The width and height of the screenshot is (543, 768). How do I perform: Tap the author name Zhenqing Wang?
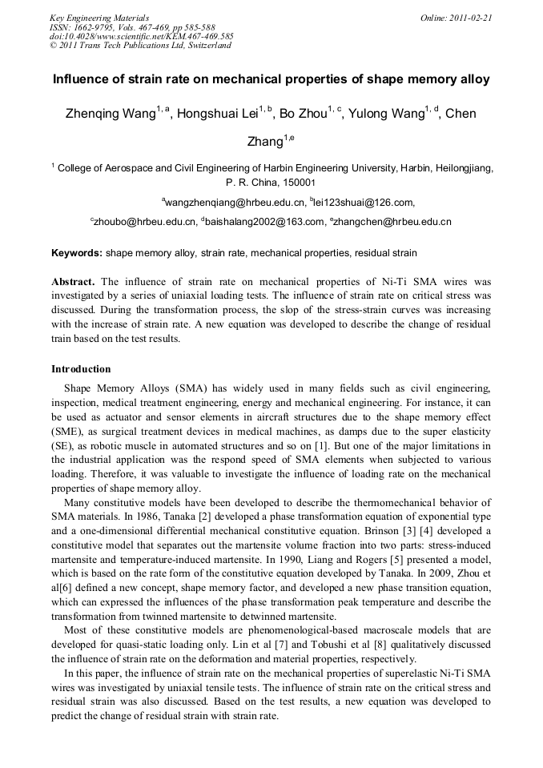(x=110, y=115)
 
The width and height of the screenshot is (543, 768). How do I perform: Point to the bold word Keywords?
(x=77, y=253)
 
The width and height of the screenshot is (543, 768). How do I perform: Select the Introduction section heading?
(x=81, y=369)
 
